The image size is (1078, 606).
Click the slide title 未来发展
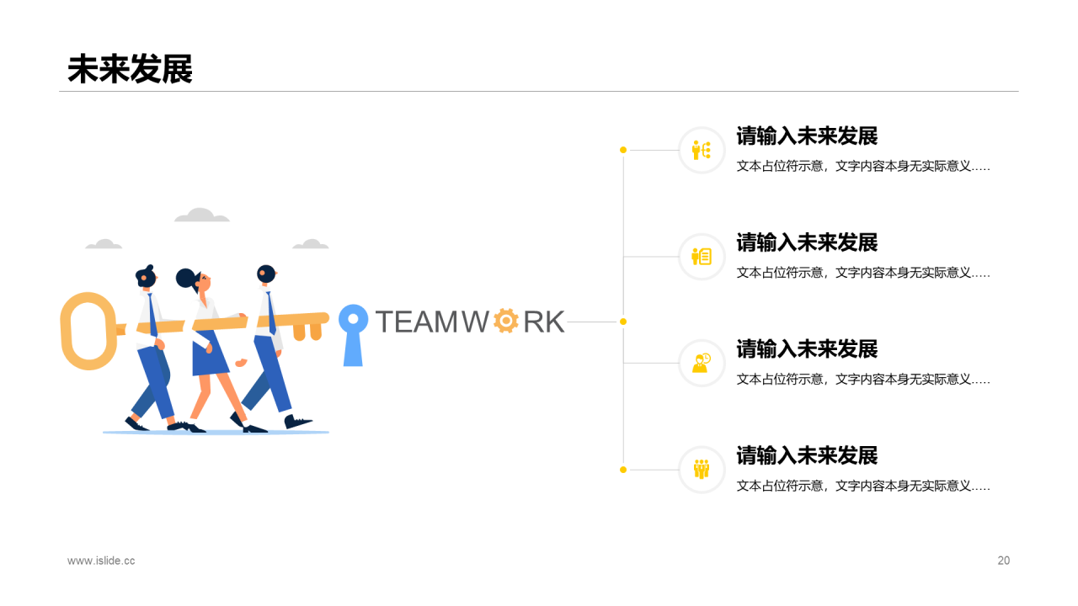point(130,69)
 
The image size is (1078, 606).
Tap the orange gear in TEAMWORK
point(505,321)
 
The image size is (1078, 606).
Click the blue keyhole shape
point(353,334)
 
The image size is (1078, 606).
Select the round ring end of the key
point(87,331)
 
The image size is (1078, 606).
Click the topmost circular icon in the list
point(702,150)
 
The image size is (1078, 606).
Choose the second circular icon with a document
point(702,257)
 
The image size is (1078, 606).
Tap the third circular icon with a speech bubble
point(702,363)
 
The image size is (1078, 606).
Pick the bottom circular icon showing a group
point(702,470)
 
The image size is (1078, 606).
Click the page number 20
point(1003,561)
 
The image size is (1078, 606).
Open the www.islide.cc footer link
point(101,561)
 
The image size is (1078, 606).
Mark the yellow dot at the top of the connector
point(623,150)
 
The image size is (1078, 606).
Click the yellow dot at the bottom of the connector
point(623,470)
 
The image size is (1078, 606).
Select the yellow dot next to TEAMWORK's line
point(623,322)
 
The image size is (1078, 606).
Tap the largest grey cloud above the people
point(201,216)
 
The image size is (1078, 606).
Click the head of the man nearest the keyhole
point(266,274)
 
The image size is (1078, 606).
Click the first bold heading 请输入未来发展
point(807,136)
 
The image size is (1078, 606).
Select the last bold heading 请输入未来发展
point(807,455)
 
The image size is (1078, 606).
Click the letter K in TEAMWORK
point(553,322)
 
